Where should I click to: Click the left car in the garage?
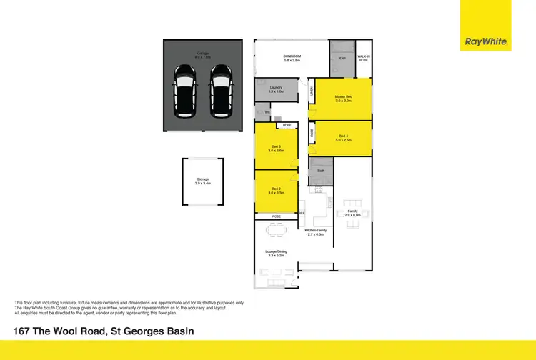(x=186, y=91)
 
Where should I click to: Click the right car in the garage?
(x=221, y=91)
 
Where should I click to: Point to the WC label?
(x=267, y=112)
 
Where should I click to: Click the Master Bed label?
(x=344, y=98)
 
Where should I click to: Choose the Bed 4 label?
(x=344, y=138)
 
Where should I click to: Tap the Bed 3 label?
(x=276, y=149)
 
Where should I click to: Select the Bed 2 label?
(x=276, y=191)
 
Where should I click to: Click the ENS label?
(x=343, y=58)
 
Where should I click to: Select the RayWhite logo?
(x=486, y=42)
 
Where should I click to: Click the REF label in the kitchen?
(x=302, y=213)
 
